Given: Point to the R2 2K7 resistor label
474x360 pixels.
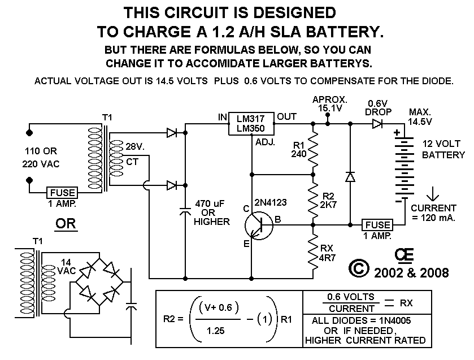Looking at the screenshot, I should [334, 201].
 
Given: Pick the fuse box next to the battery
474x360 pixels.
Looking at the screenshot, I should [377, 224].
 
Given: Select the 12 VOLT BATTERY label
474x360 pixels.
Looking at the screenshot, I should [443, 150].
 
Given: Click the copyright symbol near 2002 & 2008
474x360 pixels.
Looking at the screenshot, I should [360, 268].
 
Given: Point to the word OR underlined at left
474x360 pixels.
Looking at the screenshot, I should [64, 224].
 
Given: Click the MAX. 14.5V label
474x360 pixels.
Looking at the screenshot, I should [420, 117].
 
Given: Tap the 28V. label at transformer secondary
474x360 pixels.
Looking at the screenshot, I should [136, 147].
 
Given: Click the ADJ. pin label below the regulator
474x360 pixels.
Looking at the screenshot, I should [265, 143].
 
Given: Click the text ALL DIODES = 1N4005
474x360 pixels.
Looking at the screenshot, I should [365, 320].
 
